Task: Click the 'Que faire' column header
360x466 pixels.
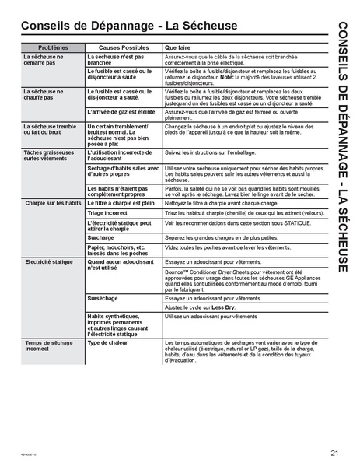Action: (x=178, y=48)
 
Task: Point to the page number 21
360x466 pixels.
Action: (x=334, y=453)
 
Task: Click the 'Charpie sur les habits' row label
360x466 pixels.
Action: (x=52, y=202)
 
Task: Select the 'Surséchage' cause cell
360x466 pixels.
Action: (x=103, y=298)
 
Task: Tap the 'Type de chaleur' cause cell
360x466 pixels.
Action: (x=109, y=342)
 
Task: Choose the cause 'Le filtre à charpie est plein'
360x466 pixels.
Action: (x=123, y=202)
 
